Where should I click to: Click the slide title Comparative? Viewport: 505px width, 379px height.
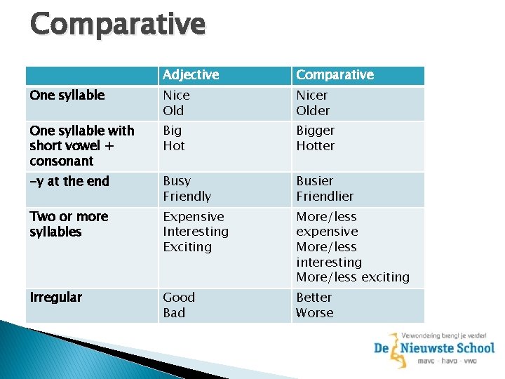(118, 24)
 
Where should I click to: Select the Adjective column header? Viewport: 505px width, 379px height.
(191, 75)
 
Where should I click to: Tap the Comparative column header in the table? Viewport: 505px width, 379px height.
(335, 75)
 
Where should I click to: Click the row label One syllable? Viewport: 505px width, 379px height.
(67, 95)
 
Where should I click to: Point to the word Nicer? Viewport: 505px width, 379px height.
(311, 95)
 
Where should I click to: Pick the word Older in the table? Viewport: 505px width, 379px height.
(313, 111)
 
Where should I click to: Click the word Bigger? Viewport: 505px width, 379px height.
(315, 131)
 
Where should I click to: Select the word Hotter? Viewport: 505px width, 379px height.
(315, 146)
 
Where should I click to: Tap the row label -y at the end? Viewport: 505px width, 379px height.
(69, 182)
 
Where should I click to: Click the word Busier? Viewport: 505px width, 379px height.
(314, 181)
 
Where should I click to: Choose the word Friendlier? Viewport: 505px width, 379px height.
(325, 197)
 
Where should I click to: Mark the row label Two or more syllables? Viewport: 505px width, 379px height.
(69, 225)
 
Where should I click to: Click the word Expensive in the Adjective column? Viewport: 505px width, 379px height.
(194, 217)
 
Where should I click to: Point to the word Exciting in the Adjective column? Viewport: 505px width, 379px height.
(187, 247)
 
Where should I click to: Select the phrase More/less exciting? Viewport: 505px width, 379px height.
(352, 277)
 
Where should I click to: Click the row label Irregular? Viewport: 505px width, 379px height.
(56, 298)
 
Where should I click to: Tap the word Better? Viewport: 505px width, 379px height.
(314, 298)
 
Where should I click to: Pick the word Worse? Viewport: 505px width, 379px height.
(314, 313)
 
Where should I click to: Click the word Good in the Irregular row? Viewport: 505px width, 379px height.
(179, 298)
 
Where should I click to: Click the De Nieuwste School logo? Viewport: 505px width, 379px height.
(433, 349)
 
